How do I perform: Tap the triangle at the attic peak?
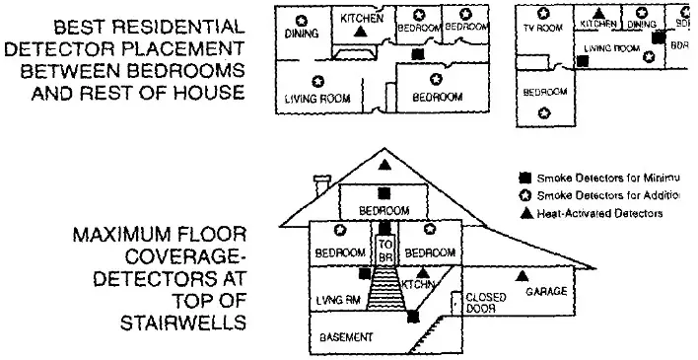384,163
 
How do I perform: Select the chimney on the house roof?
321,183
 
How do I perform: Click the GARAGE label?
545,293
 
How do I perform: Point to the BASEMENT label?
346,337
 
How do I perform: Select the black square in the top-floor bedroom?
384,192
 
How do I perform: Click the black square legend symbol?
525,178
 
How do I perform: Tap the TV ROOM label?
542,28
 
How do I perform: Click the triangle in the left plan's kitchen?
361,33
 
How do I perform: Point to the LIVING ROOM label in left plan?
318,99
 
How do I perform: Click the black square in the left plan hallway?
417,53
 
